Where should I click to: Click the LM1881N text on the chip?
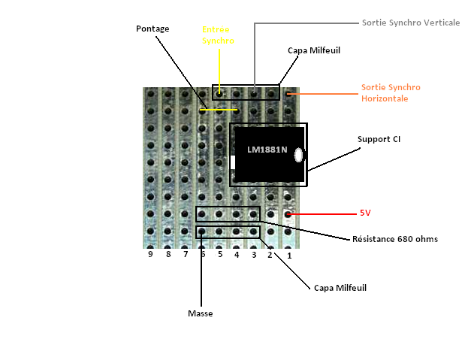click(x=267, y=150)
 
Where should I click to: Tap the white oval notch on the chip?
click(x=298, y=155)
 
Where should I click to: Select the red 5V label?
click(x=365, y=213)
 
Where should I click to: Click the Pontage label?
click(x=152, y=29)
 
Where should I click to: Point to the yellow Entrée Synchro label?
click(x=218, y=35)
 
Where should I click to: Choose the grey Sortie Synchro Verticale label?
click(x=411, y=23)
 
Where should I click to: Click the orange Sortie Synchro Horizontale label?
click(x=391, y=93)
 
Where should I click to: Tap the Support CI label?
click(x=379, y=139)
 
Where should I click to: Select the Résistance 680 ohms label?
click(x=395, y=239)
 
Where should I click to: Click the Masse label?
click(x=201, y=313)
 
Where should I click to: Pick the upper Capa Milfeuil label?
click(x=314, y=50)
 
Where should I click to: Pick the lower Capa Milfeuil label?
click(x=340, y=288)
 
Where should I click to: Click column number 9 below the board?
click(x=150, y=254)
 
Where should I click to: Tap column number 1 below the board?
click(x=289, y=256)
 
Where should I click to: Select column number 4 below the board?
click(x=237, y=255)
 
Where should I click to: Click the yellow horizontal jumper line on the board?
click(x=219, y=110)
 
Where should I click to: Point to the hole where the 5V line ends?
click(x=288, y=214)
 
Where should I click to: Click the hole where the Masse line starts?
click(x=201, y=231)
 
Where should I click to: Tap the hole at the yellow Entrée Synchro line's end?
click(x=219, y=95)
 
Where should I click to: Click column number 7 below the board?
click(x=186, y=254)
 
